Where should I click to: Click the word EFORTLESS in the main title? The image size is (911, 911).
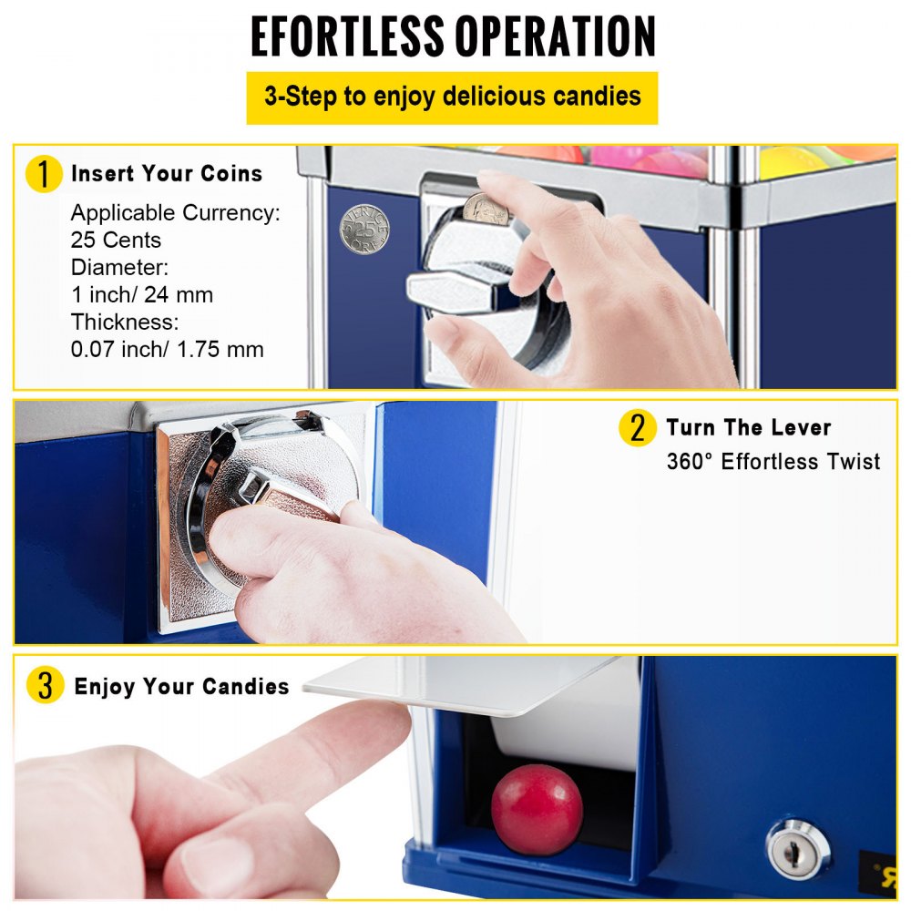(x=349, y=37)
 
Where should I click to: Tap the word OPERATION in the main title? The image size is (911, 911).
(x=558, y=37)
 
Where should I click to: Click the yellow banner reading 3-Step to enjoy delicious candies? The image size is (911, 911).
(x=452, y=97)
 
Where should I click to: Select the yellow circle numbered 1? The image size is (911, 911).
(x=44, y=174)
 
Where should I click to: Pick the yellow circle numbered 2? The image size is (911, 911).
(x=637, y=428)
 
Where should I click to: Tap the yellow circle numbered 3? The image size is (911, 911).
(x=44, y=686)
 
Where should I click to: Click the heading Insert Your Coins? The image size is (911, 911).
(x=167, y=174)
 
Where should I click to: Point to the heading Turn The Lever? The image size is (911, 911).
(x=748, y=428)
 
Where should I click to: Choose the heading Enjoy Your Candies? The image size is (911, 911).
(x=181, y=686)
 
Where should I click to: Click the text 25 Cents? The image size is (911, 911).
(x=116, y=241)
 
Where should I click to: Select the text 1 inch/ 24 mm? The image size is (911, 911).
(x=141, y=294)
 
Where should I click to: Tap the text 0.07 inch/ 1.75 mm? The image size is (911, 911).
(x=167, y=348)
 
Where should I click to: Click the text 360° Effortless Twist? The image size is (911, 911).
(x=773, y=462)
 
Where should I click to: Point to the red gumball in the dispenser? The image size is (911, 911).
(x=537, y=809)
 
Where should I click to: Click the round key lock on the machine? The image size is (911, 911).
(x=798, y=848)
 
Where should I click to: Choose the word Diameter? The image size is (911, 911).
(x=118, y=268)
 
